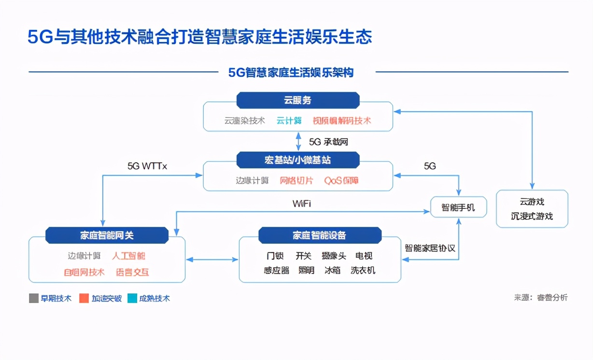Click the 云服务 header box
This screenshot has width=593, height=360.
[x=297, y=100]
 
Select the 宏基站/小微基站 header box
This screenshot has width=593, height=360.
[x=297, y=160]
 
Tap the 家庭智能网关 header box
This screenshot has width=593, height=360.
[x=107, y=235]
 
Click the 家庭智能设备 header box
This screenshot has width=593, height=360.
[x=320, y=235]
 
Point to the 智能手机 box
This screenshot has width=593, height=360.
[x=458, y=208]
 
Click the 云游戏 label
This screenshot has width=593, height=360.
[x=532, y=202]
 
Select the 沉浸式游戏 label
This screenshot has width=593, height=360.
[x=532, y=216]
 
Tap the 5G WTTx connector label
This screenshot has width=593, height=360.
[x=147, y=166]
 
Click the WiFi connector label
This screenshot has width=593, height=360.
[x=302, y=204]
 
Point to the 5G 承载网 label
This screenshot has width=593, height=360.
[x=328, y=142]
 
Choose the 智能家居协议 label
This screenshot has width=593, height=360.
[x=430, y=249]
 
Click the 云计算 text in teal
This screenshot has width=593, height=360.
[x=289, y=121]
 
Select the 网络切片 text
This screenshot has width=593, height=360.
[x=296, y=180]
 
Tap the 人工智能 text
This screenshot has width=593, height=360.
[x=128, y=256]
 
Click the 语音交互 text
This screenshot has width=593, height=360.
[x=132, y=272]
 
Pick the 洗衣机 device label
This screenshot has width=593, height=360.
[x=363, y=271]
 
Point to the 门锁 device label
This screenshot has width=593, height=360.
[x=275, y=256]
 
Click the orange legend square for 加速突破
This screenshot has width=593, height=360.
[x=84, y=298]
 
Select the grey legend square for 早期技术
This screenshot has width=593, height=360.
[x=33, y=298]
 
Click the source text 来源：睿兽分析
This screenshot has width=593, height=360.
[x=541, y=298]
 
